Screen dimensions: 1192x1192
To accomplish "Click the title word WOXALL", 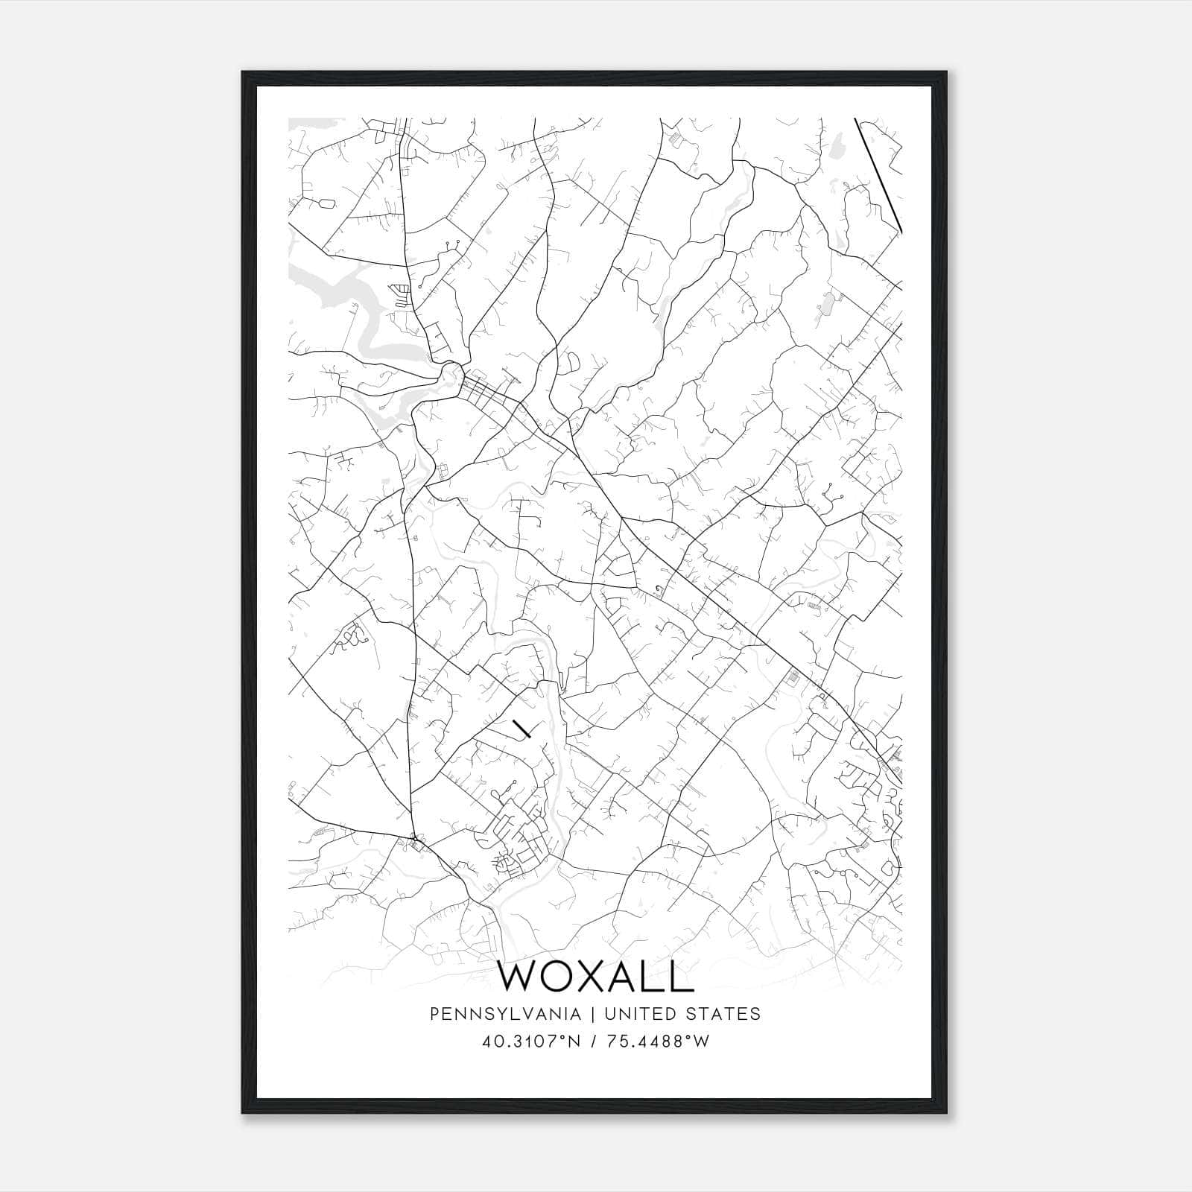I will click(595, 977).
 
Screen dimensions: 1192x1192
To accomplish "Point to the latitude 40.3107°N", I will click(530, 1042).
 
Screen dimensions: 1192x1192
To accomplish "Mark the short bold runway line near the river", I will click(521, 728).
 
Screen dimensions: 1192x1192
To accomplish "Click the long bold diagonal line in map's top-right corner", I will click(879, 175).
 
